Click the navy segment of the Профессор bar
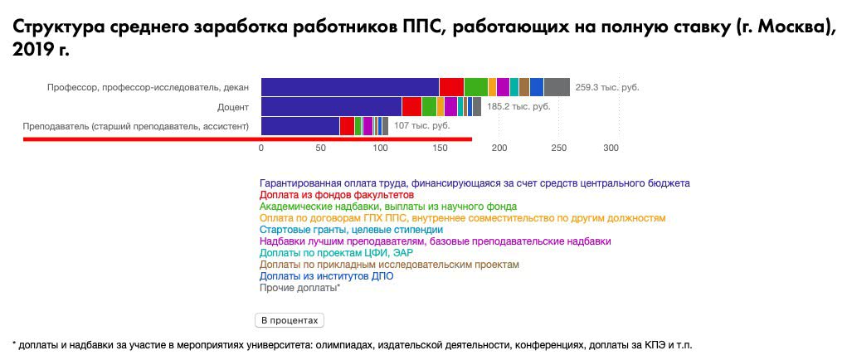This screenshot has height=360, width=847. (x=350, y=87)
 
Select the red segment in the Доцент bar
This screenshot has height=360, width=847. (x=411, y=106)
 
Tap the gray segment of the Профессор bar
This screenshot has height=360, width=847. (x=557, y=87)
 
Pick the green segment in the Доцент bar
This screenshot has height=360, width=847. (x=430, y=106)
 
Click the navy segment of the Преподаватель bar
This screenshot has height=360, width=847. (x=300, y=126)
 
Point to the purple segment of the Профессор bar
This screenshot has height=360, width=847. (x=504, y=87)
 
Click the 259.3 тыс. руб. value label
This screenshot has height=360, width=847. (x=607, y=87)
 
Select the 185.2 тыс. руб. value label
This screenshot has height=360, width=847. (x=518, y=106)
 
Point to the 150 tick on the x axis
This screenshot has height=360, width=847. (x=440, y=148)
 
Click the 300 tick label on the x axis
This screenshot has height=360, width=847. (x=611, y=148)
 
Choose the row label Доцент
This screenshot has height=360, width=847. (x=233, y=107)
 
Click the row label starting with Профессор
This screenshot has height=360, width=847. (x=148, y=87)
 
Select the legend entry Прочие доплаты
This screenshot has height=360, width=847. (x=299, y=288)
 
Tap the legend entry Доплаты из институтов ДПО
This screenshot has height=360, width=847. (x=326, y=276)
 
